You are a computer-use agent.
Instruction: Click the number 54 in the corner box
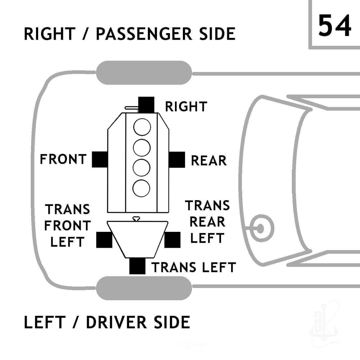(x=334, y=26)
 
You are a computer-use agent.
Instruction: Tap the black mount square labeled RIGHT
(x=146, y=105)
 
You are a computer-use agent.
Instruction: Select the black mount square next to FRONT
(x=100, y=159)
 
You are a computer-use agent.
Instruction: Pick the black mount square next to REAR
(x=177, y=159)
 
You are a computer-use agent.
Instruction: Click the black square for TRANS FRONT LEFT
(x=104, y=240)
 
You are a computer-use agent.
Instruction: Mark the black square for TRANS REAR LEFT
(x=172, y=240)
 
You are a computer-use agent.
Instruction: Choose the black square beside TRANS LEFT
(x=137, y=266)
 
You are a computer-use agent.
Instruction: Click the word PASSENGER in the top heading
(x=144, y=34)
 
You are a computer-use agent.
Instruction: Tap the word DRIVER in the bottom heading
(x=117, y=322)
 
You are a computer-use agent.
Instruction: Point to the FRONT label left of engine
(x=63, y=159)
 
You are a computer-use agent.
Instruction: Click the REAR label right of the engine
(x=209, y=161)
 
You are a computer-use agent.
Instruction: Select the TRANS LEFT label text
(x=194, y=267)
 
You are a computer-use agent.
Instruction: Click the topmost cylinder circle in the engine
(x=142, y=127)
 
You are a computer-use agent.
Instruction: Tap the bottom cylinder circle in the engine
(x=141, y=188)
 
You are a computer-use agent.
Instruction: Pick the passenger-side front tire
(x=144, y=73)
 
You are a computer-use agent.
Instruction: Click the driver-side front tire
(x=144, y=288)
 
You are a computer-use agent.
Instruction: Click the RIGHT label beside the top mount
(x=186, y=107)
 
